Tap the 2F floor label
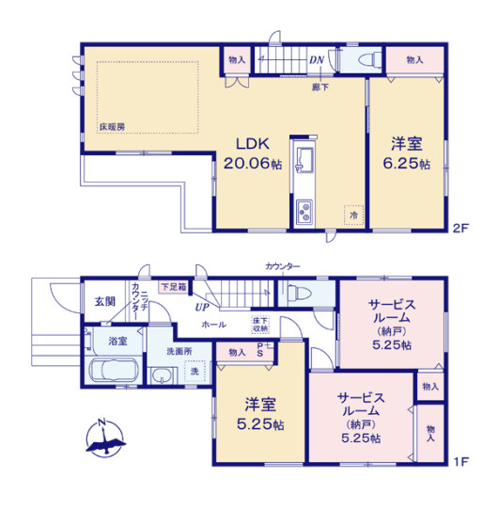pyautogui.click(x=460, y=227)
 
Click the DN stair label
pyautogui.click(x=317, y=61)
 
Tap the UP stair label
pyautogui.click(x=201, y=307)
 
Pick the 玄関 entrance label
pyautogui.click(x=104, y=301)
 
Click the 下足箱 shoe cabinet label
pyautogui.click(x=172, y=286)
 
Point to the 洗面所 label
pyautogui.click(x=179, y=351)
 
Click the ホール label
pyautogui.click(x=212, y=325)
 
